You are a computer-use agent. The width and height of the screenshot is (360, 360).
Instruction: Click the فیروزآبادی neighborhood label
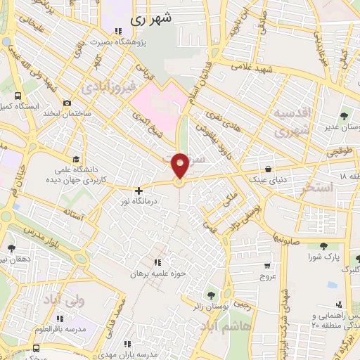click(x=106, y=88)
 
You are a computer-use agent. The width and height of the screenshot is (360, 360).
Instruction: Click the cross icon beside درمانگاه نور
click(x=139, y=190)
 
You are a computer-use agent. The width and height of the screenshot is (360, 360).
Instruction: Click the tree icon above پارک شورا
click(x=323, y=246)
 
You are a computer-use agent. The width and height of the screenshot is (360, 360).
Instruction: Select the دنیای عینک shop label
click(x=268, y=179)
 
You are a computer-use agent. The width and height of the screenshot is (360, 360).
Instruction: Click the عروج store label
click(x=267, y=276)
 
